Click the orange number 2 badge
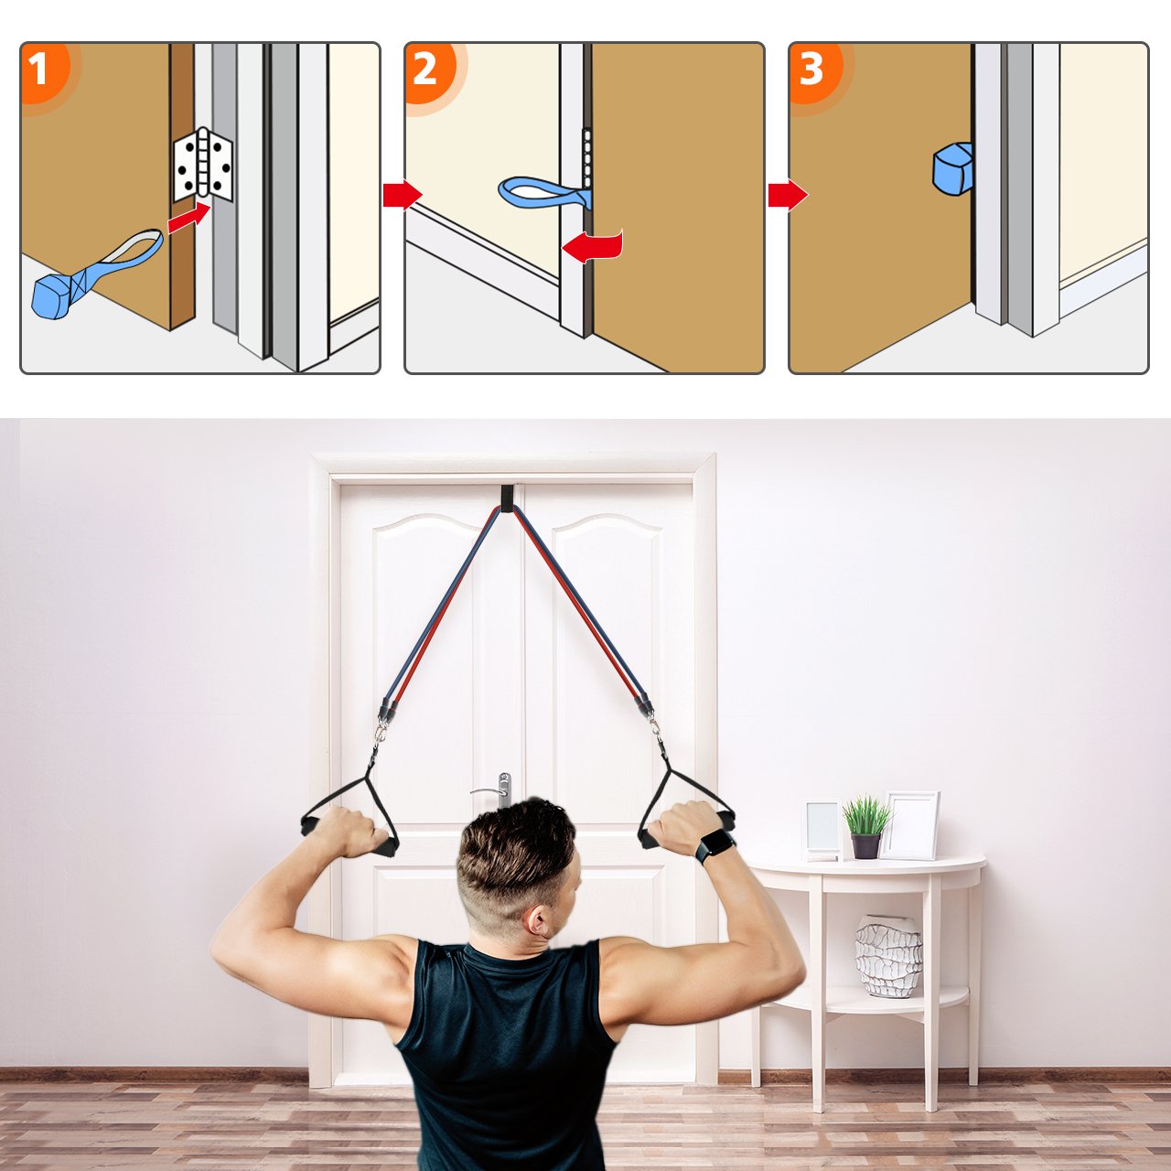coord(428,70)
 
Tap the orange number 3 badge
coord(813,70)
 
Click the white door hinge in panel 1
coord(203,164)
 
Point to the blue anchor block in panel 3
coord(951,169)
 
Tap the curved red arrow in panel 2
coord(593,247)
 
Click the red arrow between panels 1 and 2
coord(403,195)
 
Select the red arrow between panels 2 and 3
coord(788,195)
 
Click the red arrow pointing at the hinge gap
coord(189,218)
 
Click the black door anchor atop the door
coord(509,499)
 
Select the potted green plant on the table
coord(866,827)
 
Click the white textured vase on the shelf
coord(888,956)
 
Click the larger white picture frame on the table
coord(909,825)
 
